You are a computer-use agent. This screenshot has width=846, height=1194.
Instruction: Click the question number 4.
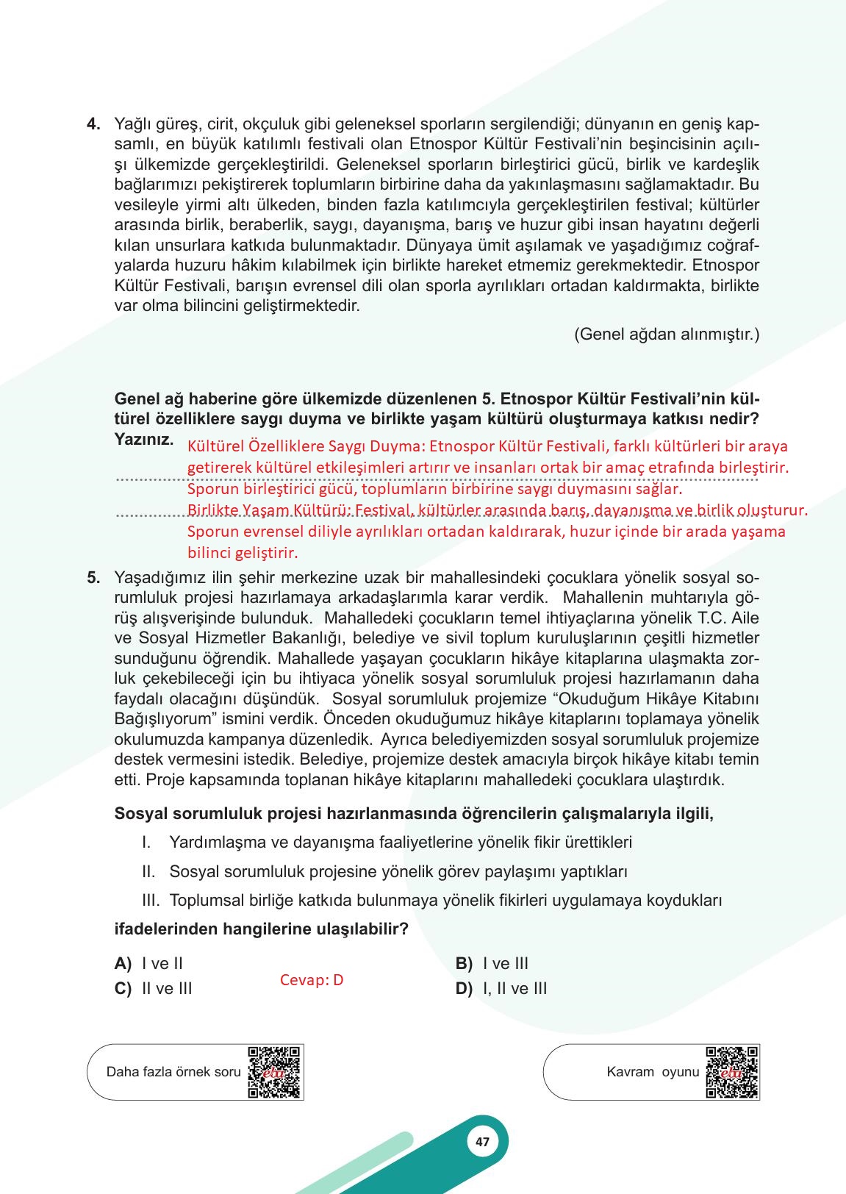(93, 124)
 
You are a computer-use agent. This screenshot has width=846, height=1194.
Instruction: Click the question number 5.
(93, 578)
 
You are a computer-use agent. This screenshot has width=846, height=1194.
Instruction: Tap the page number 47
(482, 1142)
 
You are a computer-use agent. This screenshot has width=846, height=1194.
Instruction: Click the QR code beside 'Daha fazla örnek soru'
(275, 1072)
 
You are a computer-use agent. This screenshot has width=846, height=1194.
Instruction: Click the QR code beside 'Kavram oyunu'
(731, 1072)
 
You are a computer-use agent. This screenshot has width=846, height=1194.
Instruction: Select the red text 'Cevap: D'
(312, 980)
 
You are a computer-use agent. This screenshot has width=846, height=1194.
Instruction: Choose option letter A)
(123, 964)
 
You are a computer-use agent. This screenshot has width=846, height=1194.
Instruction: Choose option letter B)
(464, 964)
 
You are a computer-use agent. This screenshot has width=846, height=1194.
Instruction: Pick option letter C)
(123, 989)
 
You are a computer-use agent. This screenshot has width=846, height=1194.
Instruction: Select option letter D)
(464, 989)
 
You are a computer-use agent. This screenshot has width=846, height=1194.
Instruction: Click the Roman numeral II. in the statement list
(148, 872)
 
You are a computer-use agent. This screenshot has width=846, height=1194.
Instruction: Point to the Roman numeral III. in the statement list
(151, 901)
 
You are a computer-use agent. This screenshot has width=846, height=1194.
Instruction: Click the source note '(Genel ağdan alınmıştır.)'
(666, 335)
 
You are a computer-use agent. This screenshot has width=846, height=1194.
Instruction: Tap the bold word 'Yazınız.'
(144, 440)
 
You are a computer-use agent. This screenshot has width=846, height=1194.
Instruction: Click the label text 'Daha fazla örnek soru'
(173, 1072)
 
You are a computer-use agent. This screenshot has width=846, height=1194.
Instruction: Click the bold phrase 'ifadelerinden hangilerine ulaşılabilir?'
(261, 929)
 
